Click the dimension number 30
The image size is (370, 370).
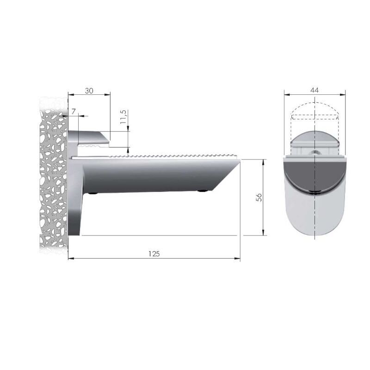tap(89, 91)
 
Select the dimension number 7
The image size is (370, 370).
tap(74, 111)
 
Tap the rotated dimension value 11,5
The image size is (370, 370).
tap(123, 117)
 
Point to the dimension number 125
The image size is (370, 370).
tap(154, 253)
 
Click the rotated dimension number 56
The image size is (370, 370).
tap(259, 197)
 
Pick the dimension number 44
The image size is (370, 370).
tap(314, 90)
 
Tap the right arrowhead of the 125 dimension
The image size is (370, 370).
tap(237, 259)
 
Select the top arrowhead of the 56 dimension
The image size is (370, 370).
tap(263, 162)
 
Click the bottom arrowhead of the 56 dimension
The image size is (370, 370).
tap(263, 233)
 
